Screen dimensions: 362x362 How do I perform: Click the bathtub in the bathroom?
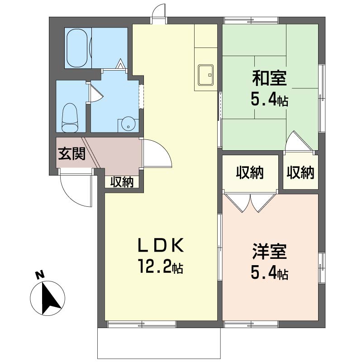77,48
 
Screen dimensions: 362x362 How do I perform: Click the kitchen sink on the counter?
205,75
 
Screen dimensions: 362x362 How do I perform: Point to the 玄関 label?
71,153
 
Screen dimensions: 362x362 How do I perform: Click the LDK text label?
161,245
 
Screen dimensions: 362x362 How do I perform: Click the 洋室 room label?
269,251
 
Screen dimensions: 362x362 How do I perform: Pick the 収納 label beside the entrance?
122,182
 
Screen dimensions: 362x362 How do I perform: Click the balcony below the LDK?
159,343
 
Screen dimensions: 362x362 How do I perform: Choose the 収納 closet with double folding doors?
250,173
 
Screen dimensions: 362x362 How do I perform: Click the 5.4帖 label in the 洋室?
269,273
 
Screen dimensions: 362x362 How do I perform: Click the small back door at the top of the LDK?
159,14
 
